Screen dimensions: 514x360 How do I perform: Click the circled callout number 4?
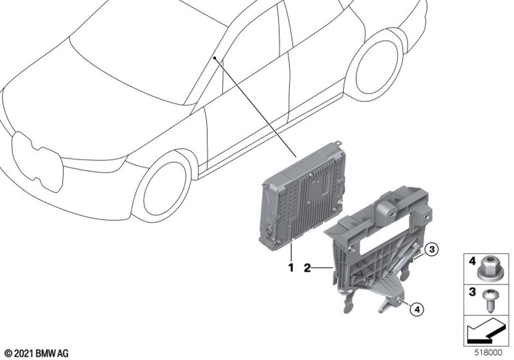click(417, 309)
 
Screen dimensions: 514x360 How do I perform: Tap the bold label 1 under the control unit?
click(291, 267)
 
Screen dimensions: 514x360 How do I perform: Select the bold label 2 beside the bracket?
click(307, 268)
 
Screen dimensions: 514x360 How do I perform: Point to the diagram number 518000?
click(488, 353)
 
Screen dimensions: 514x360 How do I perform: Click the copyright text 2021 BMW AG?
click(37, 353)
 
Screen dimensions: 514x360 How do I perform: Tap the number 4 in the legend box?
click(472, 261)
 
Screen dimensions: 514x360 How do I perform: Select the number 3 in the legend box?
click(472, 292)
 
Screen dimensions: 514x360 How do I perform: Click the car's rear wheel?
click(373, 65)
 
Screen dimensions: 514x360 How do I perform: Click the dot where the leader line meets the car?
click(214, 58)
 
